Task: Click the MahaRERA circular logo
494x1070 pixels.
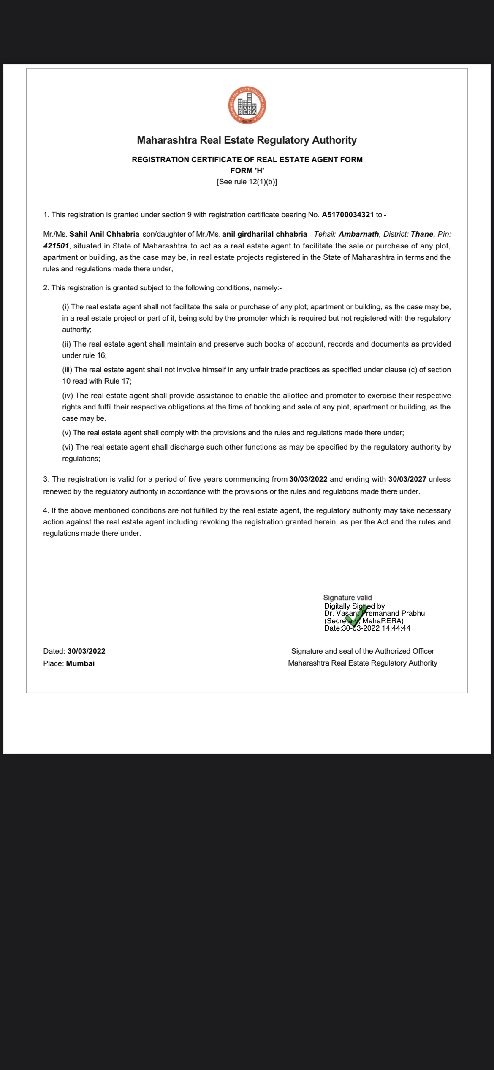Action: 247,106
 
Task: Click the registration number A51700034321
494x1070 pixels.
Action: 347,215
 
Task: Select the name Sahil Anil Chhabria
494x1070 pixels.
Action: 104,234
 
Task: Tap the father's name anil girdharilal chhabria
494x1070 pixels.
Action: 265,234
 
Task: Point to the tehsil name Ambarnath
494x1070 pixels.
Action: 358,234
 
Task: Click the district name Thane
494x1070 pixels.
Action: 422,234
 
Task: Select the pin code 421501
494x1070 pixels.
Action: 56,246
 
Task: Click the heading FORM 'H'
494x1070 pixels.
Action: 247,171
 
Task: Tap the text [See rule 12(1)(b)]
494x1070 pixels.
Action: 247,182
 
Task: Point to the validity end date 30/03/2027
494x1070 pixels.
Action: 407,479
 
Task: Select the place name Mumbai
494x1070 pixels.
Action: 80,663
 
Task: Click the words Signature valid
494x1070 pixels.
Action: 347,598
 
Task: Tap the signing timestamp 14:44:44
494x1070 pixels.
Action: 396,628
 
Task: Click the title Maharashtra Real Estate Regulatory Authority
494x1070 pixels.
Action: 247,140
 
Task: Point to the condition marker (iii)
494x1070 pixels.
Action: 67,370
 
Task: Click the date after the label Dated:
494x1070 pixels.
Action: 86,651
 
